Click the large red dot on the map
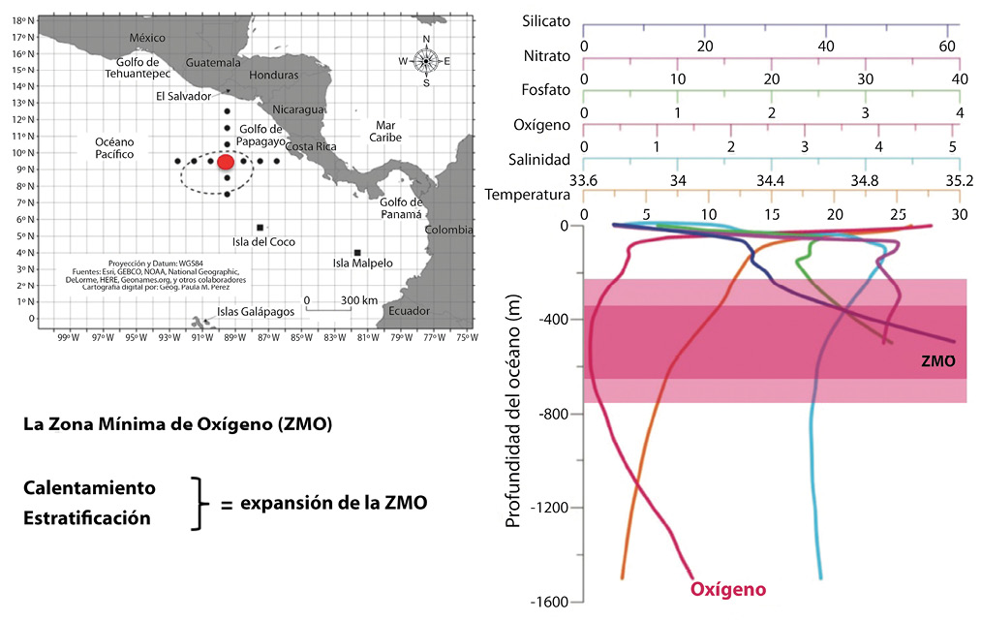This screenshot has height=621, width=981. coord(227,162)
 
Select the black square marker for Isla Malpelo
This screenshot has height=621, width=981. coord(357,252)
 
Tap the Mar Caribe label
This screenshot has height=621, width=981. coord(374,132)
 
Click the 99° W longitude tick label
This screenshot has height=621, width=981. coord(67,337)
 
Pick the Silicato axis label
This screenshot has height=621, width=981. coord(546,20)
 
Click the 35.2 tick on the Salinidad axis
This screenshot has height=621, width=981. coord(958,180)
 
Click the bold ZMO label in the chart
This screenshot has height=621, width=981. coord(938,359)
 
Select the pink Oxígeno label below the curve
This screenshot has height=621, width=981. coord(727,589)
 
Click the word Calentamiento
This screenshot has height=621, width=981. coord(89,485)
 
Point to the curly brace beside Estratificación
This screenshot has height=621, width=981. coord(199,503)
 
